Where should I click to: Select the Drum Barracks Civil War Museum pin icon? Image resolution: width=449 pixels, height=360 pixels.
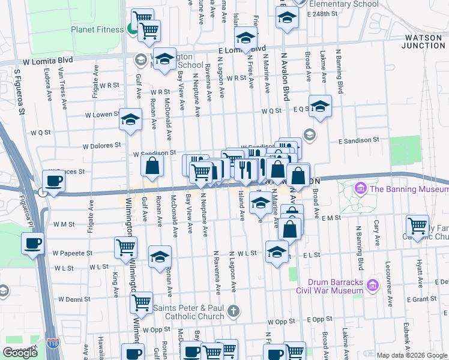click(372, 283)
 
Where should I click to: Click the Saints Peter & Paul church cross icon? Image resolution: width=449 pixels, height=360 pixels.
click(234, 310)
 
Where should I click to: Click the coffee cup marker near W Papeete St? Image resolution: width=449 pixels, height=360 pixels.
click(32, 243)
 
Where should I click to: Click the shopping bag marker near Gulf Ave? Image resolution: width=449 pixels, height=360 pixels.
click(152, 166)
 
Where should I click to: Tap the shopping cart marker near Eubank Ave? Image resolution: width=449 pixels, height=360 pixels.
click(417, 226)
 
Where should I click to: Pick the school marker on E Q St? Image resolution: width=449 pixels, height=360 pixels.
click(321, 106)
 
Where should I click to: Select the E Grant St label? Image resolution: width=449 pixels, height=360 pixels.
click(421, 299)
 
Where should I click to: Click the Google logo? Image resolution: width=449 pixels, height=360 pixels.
click(20, 353)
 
